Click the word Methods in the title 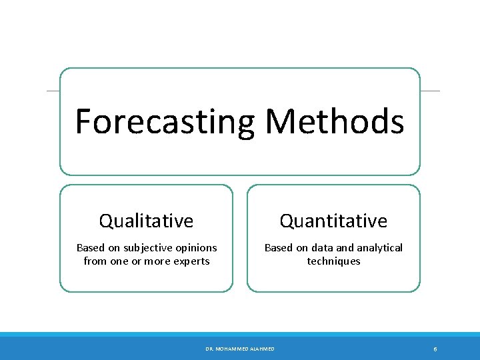click(335, 121)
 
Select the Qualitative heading click(146, 221)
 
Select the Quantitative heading click(333, 221)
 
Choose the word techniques click(333, 261)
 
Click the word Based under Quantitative click(278, 248)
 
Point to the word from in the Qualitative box click(95, 261)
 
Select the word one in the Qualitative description click(119, 261)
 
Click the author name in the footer click(240, 349)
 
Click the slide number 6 click(435, 349)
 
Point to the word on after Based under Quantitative click(303, 248)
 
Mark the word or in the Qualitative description click(136, 261)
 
